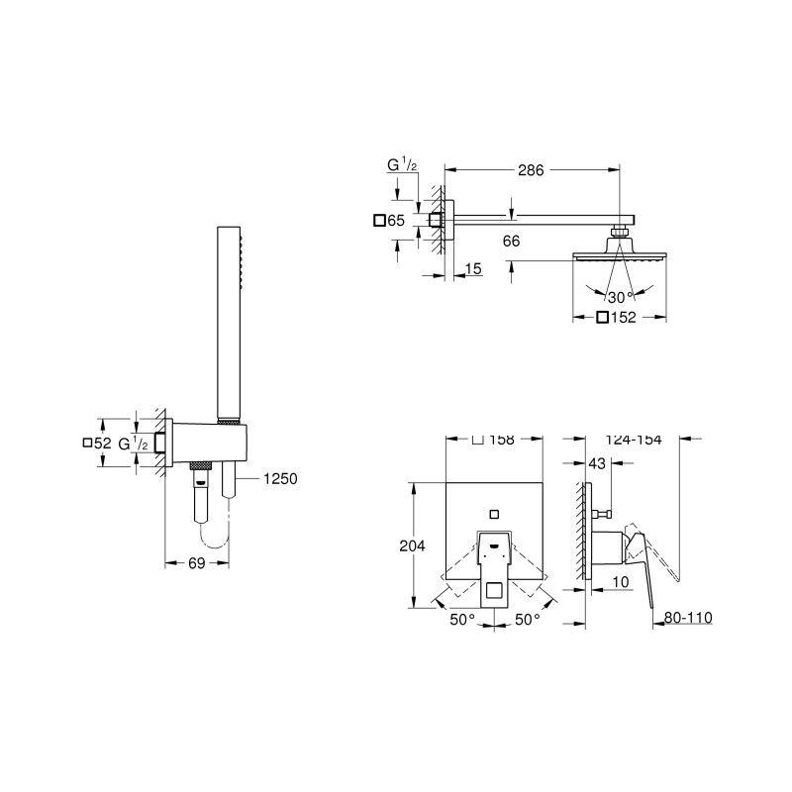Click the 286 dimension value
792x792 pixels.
[531, 170]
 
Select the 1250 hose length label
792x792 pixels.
[280, 478]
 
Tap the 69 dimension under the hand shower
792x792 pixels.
[197, 562]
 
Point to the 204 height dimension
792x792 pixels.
[412, 545]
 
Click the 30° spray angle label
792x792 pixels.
[621, 297]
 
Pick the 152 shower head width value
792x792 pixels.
[624, 317]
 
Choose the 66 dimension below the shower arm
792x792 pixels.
[511, 241]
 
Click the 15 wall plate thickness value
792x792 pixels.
[473, 268]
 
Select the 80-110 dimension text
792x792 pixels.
[688, 617]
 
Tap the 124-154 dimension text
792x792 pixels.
[634, 440]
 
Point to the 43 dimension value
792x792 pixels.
[597, 462]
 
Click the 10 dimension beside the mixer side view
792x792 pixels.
[621, 582]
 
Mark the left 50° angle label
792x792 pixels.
[462, 620]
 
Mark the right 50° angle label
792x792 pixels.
[528, 620]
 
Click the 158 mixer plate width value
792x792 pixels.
[502, 440]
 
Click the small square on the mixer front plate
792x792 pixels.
[494, 515]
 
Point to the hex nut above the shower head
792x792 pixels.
[620, 232]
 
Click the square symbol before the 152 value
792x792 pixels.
[602, 317]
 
